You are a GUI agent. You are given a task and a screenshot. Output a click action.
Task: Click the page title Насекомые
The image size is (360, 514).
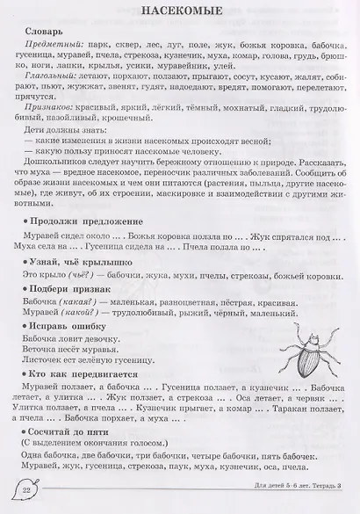coord(179,12)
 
